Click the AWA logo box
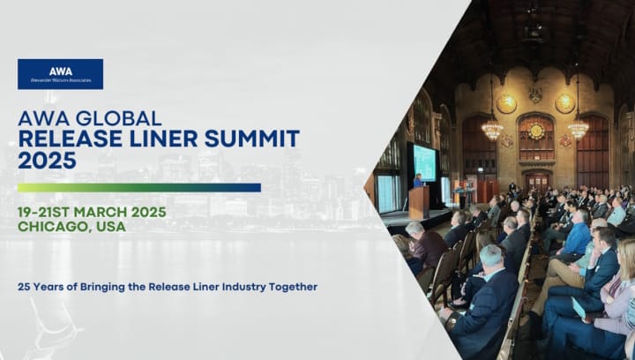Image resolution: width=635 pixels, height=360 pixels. [x=60, y=74]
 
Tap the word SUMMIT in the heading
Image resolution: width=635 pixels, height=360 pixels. [x=252, y=139]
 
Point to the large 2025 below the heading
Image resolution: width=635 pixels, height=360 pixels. [x=47, y=161]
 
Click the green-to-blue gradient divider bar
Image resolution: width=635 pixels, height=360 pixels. [x=139, y=187]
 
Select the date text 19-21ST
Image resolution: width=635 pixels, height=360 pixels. [x=44, y=212]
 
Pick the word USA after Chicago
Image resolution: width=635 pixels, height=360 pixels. [x=111, y=227]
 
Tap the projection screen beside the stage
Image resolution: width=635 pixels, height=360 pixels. [x=424, y=163]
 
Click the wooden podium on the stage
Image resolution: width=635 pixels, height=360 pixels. [x=419, y=202]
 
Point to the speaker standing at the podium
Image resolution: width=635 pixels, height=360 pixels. [x=418, y=181]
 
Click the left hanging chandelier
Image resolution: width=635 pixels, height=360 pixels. [x=492, y=129]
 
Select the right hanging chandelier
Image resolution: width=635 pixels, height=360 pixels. [x=578, y=129]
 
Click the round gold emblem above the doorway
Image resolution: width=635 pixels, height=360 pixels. [x=536, y=131]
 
